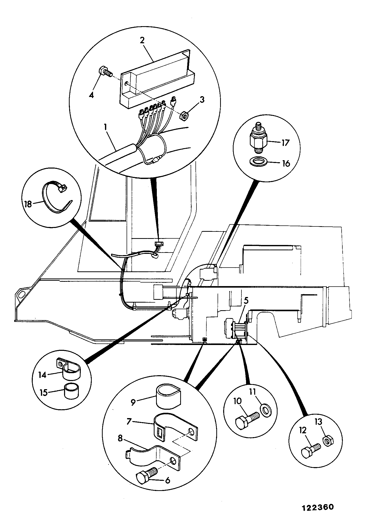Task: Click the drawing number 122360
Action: [x=318, y=507]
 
